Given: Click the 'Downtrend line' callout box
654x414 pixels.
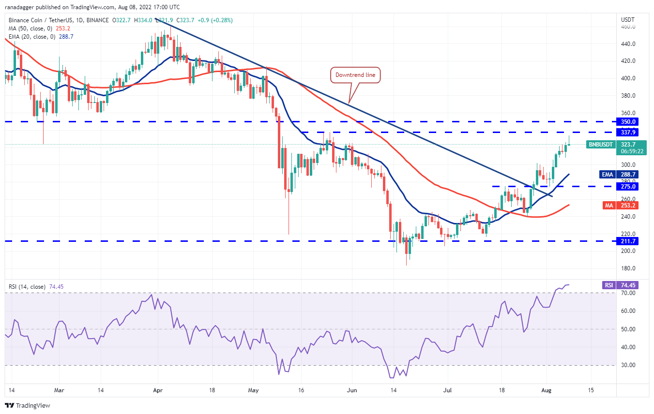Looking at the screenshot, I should (x=356, y=75).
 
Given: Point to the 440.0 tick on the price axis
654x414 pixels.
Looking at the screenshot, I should (x=628, y=44).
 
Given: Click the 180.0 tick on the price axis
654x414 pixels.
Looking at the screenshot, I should (x=628, y=268).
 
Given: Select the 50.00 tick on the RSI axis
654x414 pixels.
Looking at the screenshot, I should (x=628, y=329).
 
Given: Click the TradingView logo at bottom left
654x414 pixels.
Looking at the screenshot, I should (x=28, y=405).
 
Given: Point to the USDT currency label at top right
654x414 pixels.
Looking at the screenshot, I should (x=627, y=20).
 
